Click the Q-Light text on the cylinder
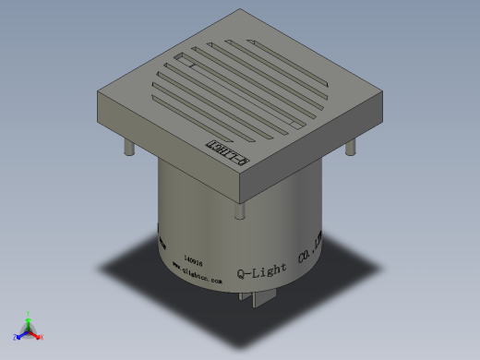pyautogui.click(x=262, y=271)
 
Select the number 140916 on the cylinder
pyautogui.click(x=195, y=261)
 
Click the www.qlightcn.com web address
pyautogui.click(x=197, y=274)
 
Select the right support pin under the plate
pyautogui.click(x=351, y=149)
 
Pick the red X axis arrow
pyautogui.click(x=37, y=335)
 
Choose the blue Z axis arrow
pyautogui.click(x=21, y=334)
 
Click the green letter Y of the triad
pyautogui.click(x=30, y=310)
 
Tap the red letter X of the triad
pyautogui.click(x=42, y=338)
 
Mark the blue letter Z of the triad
pyautogui.click(x=16, y=338)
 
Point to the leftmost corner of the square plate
pyautogui.click(x=98, y=90)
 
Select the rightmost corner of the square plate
pyautogui.click(x=384, y=91)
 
